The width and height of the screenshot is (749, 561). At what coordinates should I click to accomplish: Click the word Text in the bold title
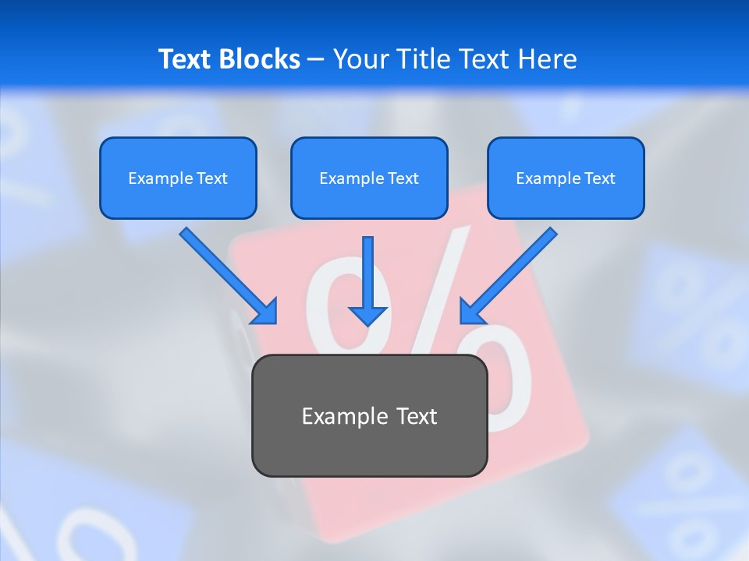186,59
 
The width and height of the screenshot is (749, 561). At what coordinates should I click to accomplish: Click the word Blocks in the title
260,59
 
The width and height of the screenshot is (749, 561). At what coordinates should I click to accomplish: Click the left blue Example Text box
178,178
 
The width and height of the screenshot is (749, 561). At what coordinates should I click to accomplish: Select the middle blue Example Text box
369,178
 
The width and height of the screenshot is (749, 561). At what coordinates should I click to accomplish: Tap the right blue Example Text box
566,178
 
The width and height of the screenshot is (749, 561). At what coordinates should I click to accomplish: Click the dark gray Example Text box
369,415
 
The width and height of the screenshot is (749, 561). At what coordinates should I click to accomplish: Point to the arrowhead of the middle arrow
367,315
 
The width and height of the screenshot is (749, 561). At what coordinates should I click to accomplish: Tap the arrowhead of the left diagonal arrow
265,312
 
